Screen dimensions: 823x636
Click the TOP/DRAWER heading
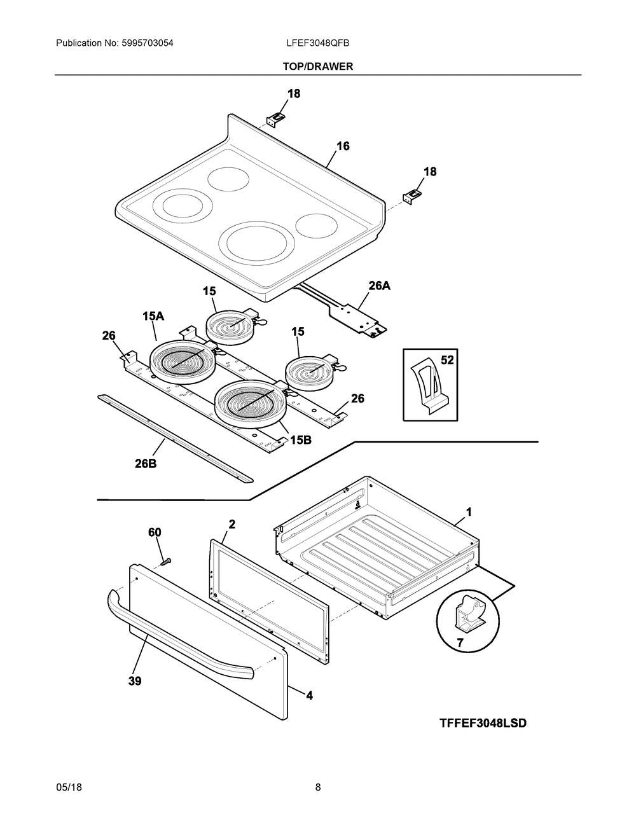[x=317, y=66]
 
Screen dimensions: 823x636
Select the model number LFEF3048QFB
[x=317, y=43]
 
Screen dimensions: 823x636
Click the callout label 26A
[x=379, y=286]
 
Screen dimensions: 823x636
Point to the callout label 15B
[x=301, y=439]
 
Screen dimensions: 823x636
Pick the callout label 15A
[x=153, y=316]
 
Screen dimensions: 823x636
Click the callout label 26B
[x=146, y=464]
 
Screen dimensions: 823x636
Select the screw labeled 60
[x=166, y=561]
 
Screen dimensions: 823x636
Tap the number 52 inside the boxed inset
[x=447, y=360]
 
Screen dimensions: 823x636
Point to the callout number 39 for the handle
[x=134, y=681]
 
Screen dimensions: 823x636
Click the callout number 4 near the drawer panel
[x=309, y=696]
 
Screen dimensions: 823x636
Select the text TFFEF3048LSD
[x=483, y=723]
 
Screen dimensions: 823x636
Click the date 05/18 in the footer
[x=69, y=787]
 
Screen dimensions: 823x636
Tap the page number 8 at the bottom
[x=318, y=787]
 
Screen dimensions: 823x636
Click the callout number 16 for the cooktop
[x=343, y=146]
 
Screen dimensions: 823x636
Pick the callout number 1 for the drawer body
[x=469, y=511]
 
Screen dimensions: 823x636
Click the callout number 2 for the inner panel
[x=232, y=524]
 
